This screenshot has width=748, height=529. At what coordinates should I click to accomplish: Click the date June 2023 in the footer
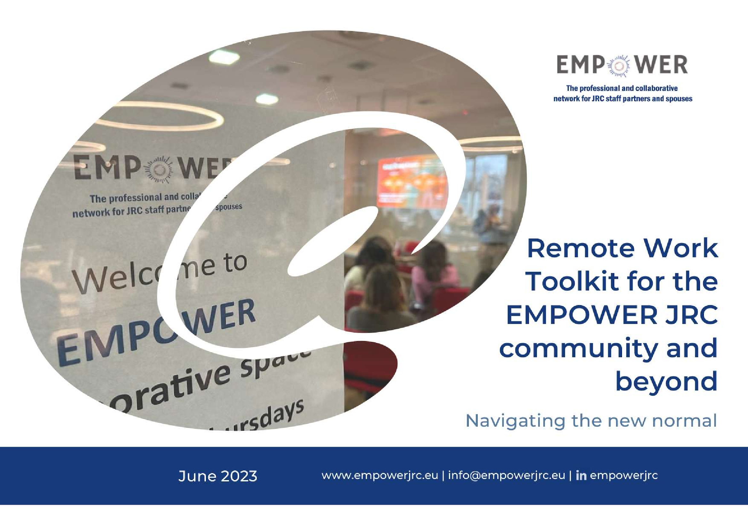[x=218, y=476]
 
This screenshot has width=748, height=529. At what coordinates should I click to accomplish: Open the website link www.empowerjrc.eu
[x=380, y=476]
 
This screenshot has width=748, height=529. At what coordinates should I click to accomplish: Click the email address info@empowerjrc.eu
[x=507, y=476]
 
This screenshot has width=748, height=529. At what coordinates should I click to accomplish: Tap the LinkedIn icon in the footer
[x=581, y=476]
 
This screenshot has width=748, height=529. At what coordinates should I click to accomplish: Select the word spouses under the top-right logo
[x=679, y=99]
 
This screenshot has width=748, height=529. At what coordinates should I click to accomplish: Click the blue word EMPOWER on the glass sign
[x=156, y=332]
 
